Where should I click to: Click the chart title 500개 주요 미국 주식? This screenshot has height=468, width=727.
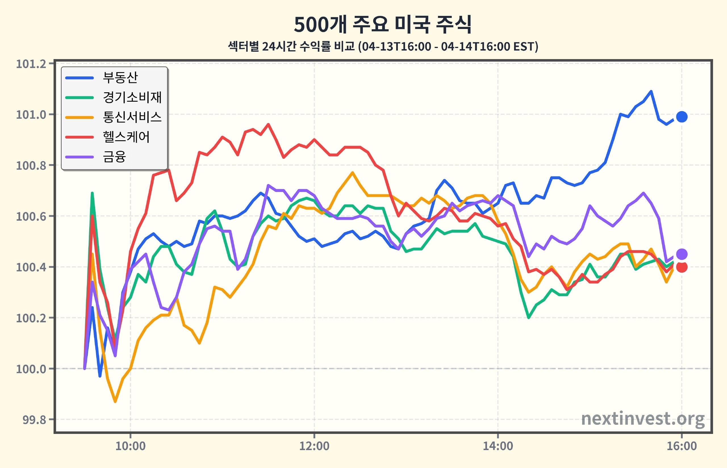pos(383,24)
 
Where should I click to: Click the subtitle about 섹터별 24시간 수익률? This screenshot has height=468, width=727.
pos(383,47)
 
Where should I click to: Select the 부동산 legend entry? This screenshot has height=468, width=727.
pos(102,78)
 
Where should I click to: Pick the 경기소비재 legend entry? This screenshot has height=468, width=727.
pos(114,97)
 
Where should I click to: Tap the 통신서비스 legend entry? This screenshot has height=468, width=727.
pos(114,117)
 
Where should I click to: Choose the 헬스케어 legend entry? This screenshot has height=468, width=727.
pos(108,137)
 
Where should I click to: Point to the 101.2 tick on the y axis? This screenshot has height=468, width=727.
pos(31,64)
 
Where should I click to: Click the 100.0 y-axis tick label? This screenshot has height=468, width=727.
pos(31,369)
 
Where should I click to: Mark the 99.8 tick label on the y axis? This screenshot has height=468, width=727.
pos(34,420)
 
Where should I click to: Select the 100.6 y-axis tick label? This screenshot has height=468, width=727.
pos(31,216)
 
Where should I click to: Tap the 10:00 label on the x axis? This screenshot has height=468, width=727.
pos(131,446)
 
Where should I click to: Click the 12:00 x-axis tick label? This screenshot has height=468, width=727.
pos(314,446)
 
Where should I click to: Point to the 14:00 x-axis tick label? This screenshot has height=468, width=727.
pos(498,446)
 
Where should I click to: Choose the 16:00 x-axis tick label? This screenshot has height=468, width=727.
pos(682,446)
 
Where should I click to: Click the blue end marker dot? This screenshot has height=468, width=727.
pos(682,117)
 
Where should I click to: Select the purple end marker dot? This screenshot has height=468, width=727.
pos(682,254)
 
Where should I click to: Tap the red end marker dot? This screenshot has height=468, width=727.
pos(682,267)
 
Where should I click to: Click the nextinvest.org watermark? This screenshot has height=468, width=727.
pos(643,419)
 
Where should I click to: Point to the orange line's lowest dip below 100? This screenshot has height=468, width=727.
pos(115,402)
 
